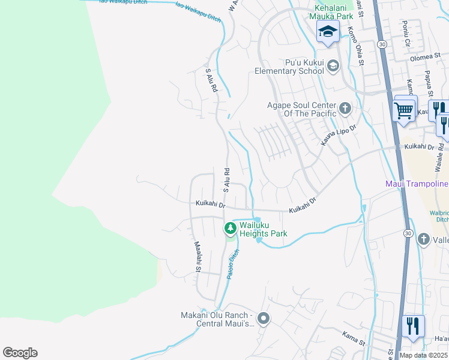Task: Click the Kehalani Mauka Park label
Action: click(328, 12)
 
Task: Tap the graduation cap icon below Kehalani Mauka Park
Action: click(328, 32)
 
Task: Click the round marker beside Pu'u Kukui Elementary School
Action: click(334, 70)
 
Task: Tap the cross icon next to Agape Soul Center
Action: click(345, 109)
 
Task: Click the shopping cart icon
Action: click(404, 110)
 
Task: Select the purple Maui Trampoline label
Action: click(416, 184)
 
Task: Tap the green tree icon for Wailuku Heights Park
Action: click(230, 229)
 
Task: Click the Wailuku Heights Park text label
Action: click(264, 229)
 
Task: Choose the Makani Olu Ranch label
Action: click(217, 320)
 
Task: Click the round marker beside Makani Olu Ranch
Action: click(263, 318)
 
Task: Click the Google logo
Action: click(20, 353)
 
